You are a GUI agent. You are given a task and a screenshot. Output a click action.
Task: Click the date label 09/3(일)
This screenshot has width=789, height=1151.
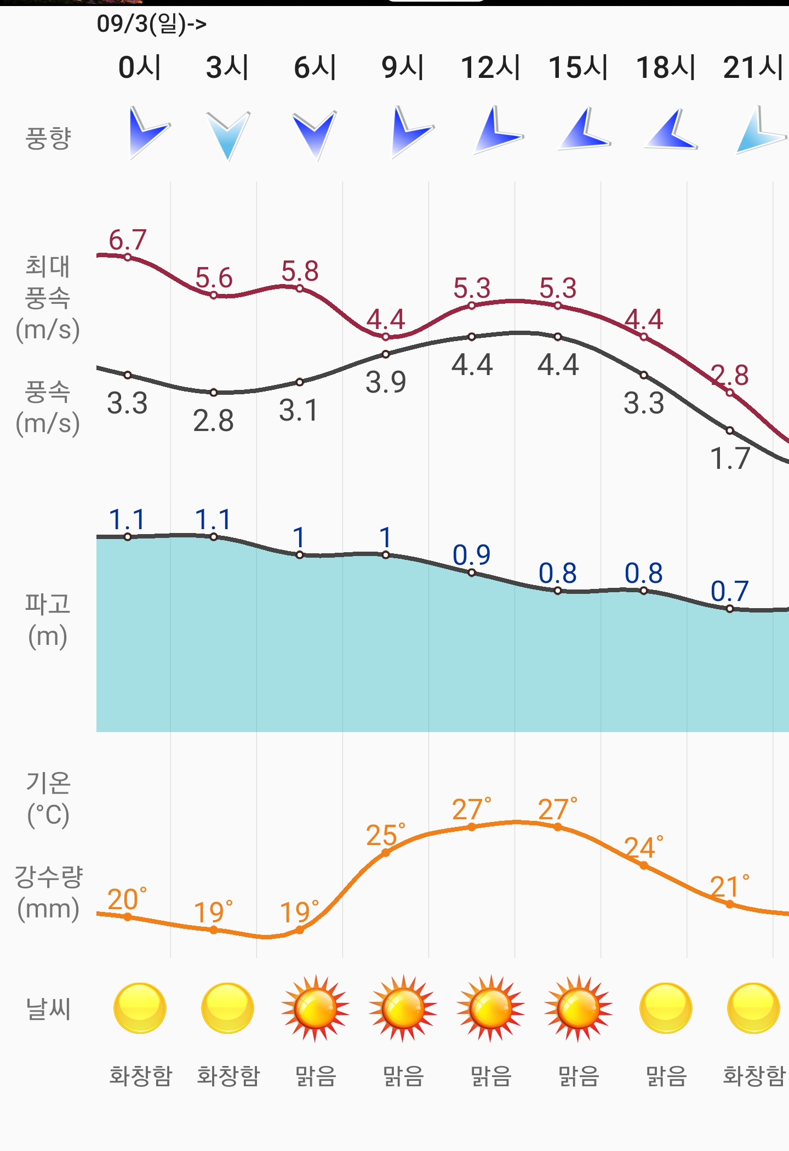click(151, 24)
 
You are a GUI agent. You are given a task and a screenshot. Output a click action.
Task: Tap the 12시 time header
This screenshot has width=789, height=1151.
click(490, 67)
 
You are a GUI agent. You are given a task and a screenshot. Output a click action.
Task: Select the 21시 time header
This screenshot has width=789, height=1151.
click(753, 67)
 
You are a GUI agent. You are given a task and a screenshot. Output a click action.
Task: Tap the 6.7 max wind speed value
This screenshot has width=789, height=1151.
click(127, 240)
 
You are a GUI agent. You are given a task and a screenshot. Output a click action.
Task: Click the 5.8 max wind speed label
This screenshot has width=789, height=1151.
click(300, 271)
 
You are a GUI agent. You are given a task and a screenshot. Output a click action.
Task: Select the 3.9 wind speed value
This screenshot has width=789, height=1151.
click(386, 382)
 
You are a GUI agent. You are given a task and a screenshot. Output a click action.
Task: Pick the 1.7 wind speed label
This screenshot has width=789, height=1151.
click(729, 458)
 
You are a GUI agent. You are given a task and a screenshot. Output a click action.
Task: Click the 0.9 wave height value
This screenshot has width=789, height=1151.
click(471, 555)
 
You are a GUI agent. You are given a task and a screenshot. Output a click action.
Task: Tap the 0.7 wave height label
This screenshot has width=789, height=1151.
click(729, 591)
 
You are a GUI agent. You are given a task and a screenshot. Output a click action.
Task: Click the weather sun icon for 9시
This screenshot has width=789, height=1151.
click(403, 1008)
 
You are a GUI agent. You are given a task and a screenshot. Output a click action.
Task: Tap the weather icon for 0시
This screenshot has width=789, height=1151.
click(140, 1008)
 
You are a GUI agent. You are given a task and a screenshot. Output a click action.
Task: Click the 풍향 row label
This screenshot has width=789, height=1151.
click(48, 138)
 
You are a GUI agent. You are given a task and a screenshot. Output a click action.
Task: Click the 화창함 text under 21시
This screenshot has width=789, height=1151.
click(754, 1076)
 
